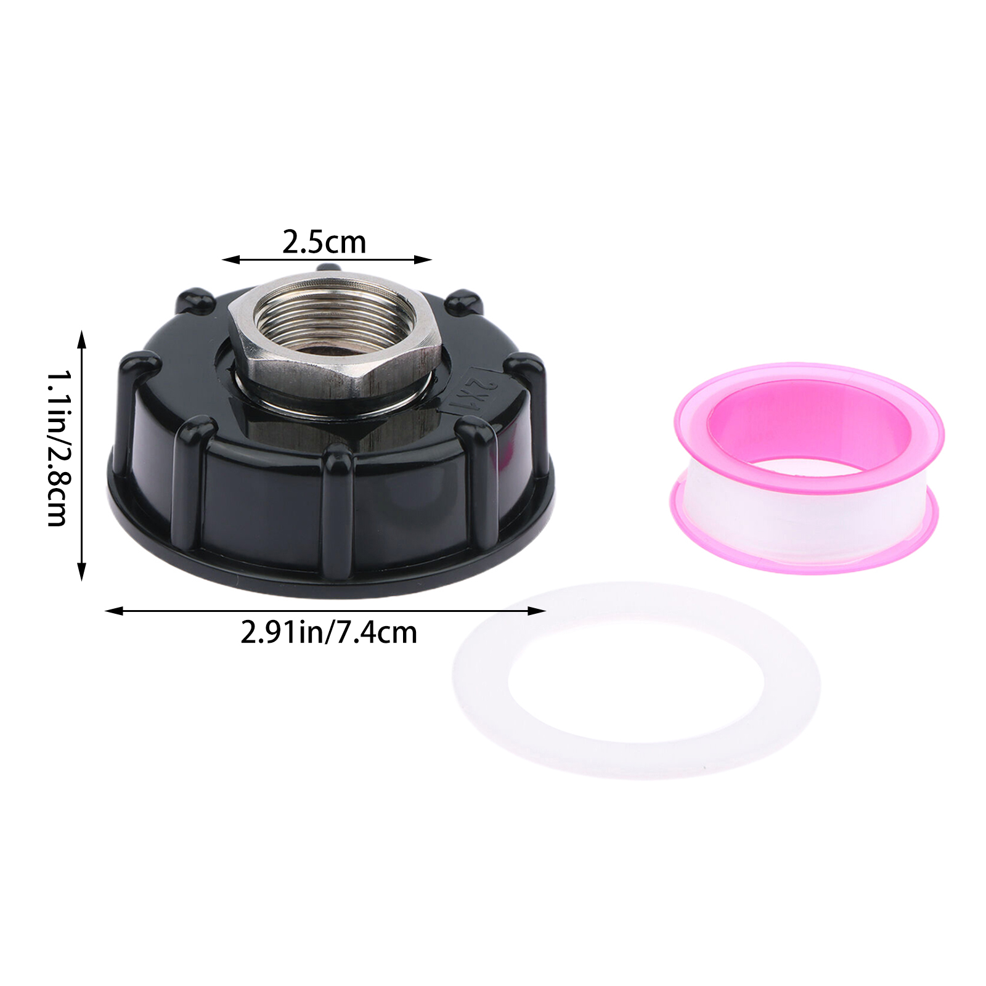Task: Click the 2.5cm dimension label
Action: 324,242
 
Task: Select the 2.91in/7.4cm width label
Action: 328,632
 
